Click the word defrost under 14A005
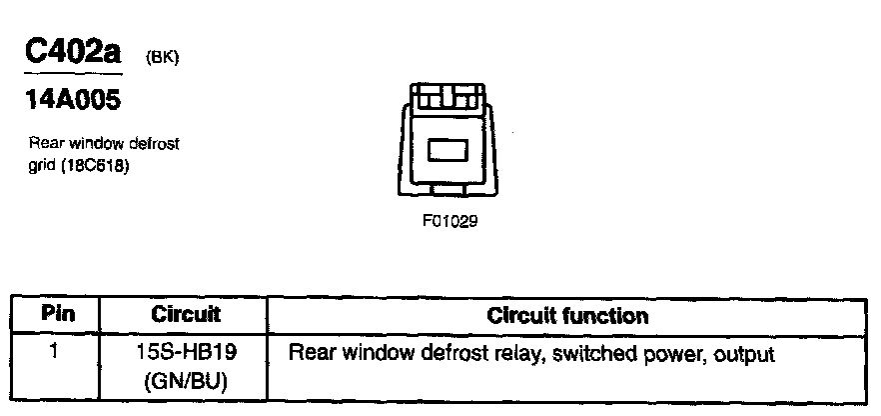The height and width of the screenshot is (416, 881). coord(154,144)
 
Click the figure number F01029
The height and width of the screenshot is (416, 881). coord(449,221)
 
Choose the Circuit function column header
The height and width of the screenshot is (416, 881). coord(567,316)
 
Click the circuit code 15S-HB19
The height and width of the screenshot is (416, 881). coord(186,354)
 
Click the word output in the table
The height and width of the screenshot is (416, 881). coord(741,354)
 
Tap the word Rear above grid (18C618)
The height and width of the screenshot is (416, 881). coord(46,144)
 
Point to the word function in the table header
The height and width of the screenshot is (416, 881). coord(607,316)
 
